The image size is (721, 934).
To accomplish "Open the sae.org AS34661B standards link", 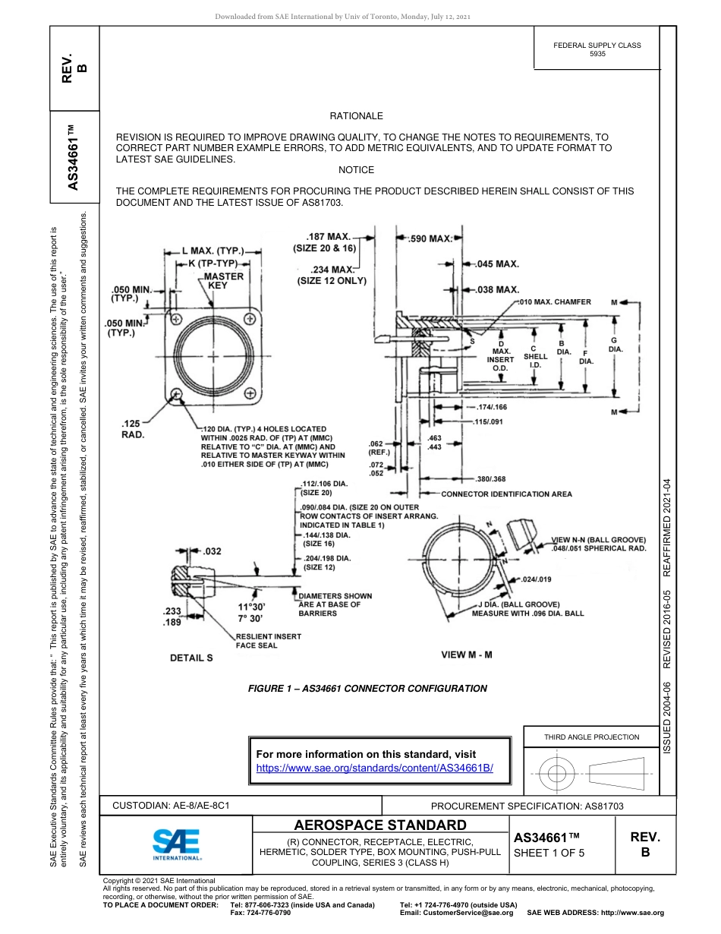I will tap(375, 768).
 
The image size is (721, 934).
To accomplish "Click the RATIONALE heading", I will tap(356, 116).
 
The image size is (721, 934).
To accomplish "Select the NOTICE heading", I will tap(356, 170).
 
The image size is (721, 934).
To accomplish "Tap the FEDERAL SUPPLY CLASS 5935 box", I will tap(597, 49).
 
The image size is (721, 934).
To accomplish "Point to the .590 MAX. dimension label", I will tap(430, 238).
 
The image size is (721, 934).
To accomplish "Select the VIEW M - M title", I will tap(467, 655).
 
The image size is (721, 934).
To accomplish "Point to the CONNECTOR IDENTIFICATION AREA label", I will tap(507, 494).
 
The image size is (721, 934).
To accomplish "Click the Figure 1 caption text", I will tap(367, 689).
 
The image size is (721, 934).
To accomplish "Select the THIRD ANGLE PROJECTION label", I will tap(591, 737).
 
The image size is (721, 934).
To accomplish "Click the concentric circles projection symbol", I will tap(558, 774).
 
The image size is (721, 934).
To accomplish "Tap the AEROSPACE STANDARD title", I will tap(379, 825).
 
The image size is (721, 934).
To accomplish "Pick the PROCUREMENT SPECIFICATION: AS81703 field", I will tap(527, 806).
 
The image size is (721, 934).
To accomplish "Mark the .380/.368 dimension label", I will tap(490, 479).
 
